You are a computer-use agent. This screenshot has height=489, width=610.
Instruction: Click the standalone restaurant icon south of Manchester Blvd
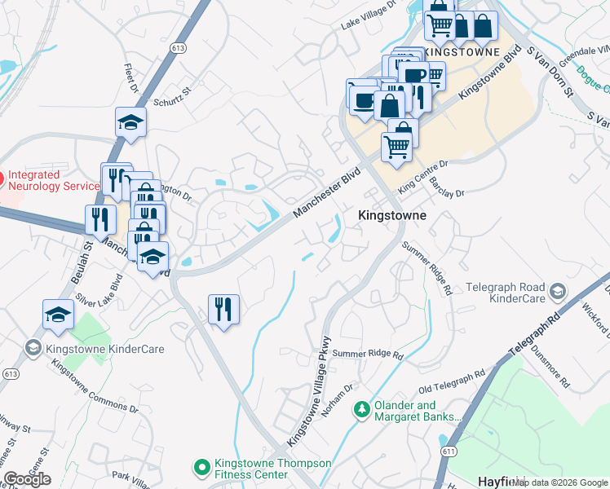click(223, 309)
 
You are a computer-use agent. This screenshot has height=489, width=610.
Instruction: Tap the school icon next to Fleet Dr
click(130, 122)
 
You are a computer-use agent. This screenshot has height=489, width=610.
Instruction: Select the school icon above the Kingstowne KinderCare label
click(59, 315)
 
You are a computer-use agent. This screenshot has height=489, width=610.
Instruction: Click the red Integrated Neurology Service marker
click(2, 177)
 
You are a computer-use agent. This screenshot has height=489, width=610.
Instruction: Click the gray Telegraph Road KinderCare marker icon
click(557, 291)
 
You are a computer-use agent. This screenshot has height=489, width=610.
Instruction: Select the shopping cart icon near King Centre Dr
click(396, 147)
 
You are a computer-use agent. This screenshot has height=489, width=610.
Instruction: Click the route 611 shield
click(449, 450)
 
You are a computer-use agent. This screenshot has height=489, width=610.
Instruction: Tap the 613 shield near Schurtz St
click(178, 71)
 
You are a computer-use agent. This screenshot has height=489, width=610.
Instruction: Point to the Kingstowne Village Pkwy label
click(310, 391)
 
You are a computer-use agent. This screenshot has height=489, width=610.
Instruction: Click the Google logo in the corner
click(27, 479)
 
